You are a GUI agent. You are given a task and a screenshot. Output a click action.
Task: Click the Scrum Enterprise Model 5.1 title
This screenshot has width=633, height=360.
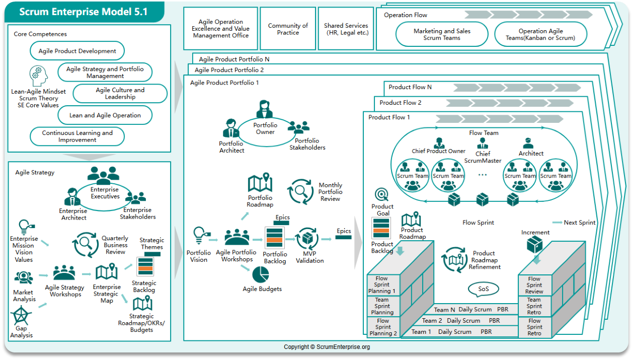click(84, 11)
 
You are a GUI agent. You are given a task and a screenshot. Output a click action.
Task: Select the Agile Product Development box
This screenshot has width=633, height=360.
click(77, 51)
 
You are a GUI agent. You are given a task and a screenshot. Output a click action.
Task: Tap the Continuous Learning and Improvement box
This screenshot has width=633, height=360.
click(77, 136)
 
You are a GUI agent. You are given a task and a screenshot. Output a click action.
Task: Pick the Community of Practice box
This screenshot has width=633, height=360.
click(288, 29)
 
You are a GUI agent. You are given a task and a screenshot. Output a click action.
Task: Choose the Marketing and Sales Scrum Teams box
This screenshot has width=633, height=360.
click(442, 34)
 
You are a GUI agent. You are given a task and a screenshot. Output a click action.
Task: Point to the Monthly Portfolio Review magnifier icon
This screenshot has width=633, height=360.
click(300, 191)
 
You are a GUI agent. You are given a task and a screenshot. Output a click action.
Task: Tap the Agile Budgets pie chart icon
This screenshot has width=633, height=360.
click(261, 275)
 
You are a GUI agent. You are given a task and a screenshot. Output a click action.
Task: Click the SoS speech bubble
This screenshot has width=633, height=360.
click(484, 289)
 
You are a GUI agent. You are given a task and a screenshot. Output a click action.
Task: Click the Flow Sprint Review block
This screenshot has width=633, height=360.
click(534, 285)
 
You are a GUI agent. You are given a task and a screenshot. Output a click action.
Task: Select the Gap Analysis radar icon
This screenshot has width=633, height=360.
click(21, 317)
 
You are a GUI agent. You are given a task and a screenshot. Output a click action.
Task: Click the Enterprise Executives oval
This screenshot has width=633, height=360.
click(105, 193)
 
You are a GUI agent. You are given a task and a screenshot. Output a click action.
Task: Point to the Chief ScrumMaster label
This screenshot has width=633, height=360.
click(483, 157)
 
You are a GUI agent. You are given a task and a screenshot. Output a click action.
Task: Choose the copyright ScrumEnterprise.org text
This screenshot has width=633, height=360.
click(327, 347)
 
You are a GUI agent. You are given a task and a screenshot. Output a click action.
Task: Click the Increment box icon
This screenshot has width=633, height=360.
click(534, 245)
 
